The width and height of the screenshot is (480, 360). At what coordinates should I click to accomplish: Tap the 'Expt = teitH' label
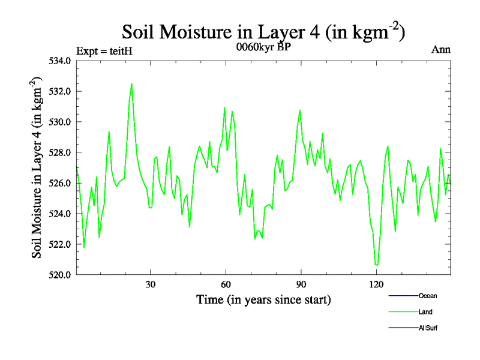pos(104,50)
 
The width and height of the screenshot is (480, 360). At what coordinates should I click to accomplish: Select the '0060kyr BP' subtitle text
pos(264,48)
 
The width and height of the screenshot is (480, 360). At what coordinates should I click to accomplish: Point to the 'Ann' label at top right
pos(441,49)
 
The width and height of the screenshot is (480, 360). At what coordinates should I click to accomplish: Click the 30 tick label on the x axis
pos(151,284)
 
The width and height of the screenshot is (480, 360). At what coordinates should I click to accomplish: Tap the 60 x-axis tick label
pos(226,284)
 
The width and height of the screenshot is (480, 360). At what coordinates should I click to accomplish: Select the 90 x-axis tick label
pos(301,284)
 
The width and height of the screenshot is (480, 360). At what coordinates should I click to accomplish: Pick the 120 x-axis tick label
pos(376,284)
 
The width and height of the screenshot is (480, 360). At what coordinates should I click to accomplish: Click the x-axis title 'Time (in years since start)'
pos(263,299)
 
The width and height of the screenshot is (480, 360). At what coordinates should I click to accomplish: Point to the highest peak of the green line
pos(132,84)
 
